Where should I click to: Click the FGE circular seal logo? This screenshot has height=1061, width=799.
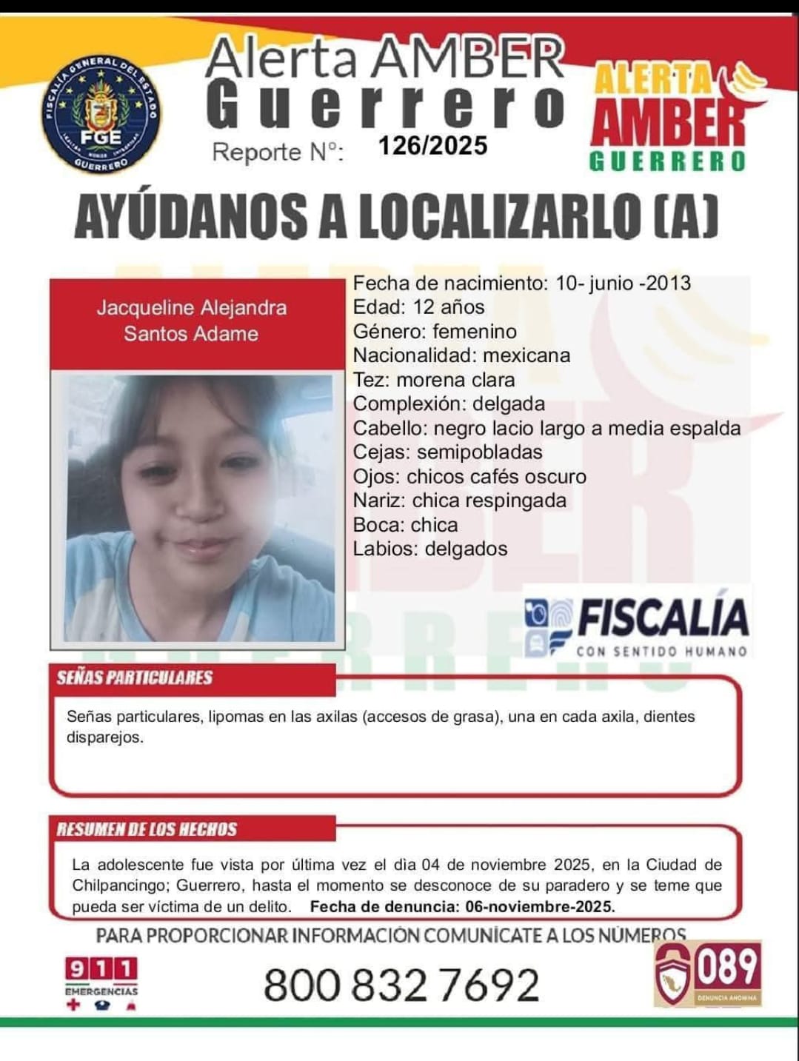pyautogui.click(x=101, y=115)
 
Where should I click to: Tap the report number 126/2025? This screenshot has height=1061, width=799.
pyautogui.click(x=432, y=145)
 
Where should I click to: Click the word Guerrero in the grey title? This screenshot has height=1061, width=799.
pyautogui.click(x=385, y=107)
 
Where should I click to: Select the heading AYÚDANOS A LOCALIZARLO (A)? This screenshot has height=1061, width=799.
pyautogui.click(x=397, y=217)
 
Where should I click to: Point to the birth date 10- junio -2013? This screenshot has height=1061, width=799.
pyautogui.click(x=623, y=284)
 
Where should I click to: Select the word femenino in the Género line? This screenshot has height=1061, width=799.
pyautogui.click(x=475, y=332)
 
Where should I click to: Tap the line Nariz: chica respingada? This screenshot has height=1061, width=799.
pyautogui.click(x=460, y=501)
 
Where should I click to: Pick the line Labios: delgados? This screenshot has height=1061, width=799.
pyautogui.click(x=430, y=549)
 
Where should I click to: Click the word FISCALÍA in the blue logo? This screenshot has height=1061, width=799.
pyautogui.click(x=663, y=619)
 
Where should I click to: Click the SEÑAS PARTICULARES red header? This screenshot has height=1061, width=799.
pyautogui.click(x=135, y=677)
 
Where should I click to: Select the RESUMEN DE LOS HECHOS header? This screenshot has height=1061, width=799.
pyautogui.click(x=147, y=829)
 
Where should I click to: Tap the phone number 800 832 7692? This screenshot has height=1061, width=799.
pyautogui.click(x=401, y=985)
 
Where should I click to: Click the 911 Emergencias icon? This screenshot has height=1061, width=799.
pyautogui.click(x=101, y=982)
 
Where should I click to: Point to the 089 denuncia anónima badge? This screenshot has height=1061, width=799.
pyautogui.click(x=708, y=973)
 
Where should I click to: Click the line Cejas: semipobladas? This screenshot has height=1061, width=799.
pyautogui.click(x=448, y=452)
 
